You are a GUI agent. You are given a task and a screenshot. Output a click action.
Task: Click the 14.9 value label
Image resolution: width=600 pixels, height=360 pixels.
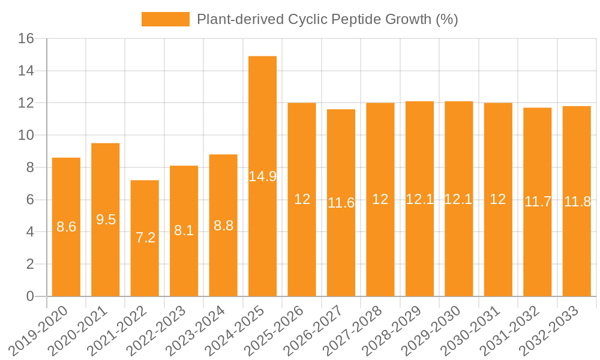262,176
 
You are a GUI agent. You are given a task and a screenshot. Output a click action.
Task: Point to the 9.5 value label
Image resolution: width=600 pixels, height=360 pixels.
106,220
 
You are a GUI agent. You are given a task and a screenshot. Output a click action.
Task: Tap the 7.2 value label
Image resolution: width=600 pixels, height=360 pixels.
145,238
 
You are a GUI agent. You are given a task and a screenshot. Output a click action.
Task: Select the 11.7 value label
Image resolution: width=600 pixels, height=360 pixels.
538,202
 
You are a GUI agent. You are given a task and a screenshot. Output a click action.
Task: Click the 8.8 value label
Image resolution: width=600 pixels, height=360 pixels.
223,226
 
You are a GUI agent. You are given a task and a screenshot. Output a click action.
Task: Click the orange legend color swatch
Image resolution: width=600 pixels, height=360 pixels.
165,19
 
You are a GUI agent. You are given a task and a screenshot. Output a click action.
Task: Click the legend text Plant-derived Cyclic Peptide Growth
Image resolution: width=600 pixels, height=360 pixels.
327,19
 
